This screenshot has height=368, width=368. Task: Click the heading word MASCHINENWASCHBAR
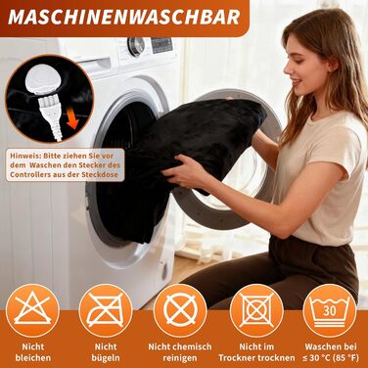point(123,17)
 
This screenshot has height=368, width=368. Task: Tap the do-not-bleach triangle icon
point(32,310)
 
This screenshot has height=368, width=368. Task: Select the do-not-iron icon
point(106,310)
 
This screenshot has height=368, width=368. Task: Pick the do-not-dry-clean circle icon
point(180,310)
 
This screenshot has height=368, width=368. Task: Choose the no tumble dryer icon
point(256,310)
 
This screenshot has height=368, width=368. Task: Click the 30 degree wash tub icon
point(330,310)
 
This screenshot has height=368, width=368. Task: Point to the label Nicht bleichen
point(33,352)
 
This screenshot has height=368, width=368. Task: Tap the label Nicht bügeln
point(106,352)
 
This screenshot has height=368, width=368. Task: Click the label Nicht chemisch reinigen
point(180,352)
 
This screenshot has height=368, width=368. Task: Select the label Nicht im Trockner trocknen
point(256,352)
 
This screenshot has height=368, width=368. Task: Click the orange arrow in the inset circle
point(74,118)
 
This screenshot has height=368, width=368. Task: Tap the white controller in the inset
point(41,79)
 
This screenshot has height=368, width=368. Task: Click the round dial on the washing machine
point(136,47)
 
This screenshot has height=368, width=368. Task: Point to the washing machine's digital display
point(161,45)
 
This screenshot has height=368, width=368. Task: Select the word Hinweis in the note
point(23,156)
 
